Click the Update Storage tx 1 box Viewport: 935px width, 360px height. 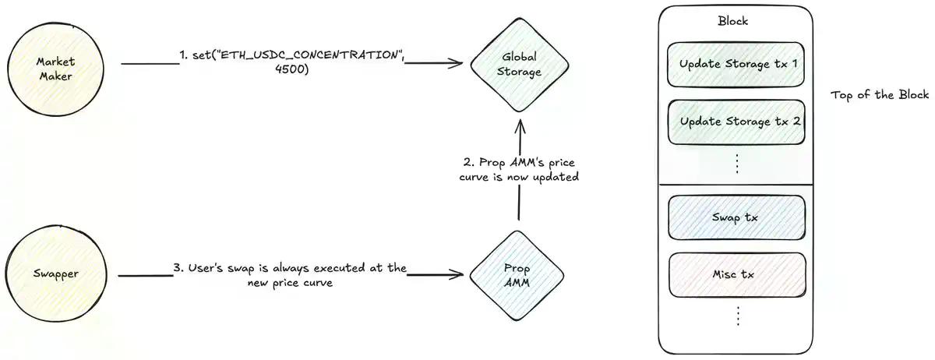[736, 64]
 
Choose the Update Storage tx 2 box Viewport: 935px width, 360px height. [736, 122]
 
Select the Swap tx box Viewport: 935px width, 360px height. [736, 217]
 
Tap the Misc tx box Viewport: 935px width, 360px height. [736, 274]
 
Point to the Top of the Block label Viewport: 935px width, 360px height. [880, 95]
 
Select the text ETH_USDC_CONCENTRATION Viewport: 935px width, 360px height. [309, 55]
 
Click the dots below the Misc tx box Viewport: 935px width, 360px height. [736, 315]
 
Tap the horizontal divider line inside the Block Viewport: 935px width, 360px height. [736, 184]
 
